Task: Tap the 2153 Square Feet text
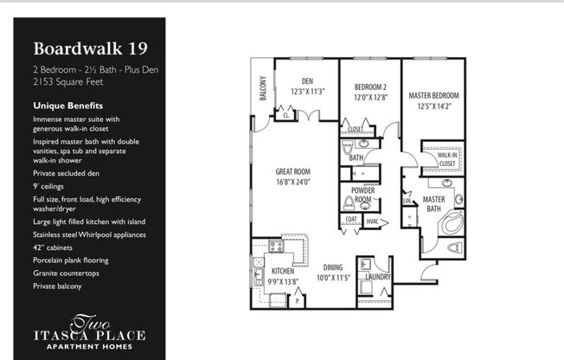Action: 63,82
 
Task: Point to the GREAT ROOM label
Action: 293,171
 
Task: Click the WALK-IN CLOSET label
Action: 446,158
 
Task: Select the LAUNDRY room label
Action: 378,277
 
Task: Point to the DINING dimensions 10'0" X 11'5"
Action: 332,277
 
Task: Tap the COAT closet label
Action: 350,219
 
